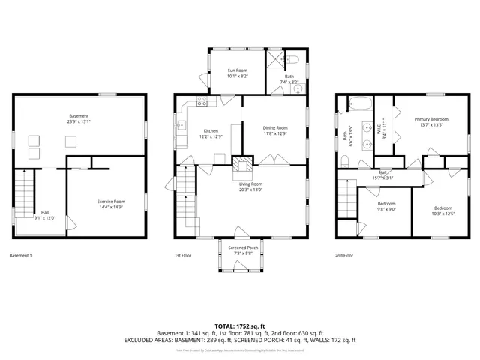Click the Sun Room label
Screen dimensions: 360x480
238,70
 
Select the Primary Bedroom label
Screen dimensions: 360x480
432,120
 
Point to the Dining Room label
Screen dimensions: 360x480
275,128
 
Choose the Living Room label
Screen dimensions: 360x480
250,184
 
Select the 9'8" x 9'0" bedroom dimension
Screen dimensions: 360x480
387,208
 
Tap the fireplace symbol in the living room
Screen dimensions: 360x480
241,166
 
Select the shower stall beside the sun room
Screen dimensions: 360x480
277,61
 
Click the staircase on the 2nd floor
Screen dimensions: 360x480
346,197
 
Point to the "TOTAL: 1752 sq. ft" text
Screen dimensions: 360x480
239,326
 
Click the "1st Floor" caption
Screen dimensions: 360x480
183,256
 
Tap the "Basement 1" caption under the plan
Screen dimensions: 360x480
21,256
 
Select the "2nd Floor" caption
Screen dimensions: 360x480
343,256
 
